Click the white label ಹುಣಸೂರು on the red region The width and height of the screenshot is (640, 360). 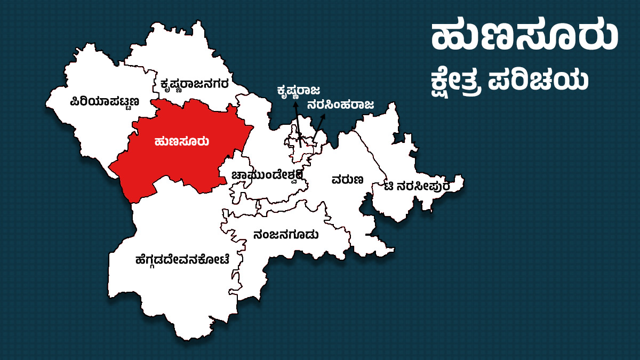(x=181, y=141)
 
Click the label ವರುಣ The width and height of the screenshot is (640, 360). (x=347, y=179)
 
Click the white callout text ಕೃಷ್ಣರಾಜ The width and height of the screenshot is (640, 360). (x=298, y=91)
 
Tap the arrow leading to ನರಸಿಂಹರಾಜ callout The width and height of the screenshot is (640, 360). (x=318, y=128)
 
